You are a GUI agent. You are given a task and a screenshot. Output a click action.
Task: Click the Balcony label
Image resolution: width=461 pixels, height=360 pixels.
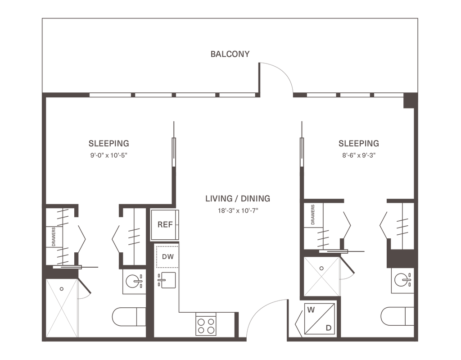click(230, 55)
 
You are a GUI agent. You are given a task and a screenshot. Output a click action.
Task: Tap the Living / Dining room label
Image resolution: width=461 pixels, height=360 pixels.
click(237, 198)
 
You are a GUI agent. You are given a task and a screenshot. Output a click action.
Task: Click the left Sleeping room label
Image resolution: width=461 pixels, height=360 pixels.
click(109, 144)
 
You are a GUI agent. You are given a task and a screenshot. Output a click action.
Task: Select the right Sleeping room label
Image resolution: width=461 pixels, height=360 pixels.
click(358, 144)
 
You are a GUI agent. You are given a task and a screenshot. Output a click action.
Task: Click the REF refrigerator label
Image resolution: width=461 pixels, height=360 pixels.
click(163, 224)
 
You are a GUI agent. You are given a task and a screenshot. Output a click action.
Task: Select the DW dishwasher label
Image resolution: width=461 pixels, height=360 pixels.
click(167, 257)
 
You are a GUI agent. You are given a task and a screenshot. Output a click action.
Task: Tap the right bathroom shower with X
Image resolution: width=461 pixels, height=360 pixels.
click(320, 276)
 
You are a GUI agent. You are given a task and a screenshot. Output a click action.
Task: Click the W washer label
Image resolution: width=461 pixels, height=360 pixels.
click(311, 310)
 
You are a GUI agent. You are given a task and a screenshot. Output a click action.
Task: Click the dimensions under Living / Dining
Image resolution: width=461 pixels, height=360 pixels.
click(237, 210)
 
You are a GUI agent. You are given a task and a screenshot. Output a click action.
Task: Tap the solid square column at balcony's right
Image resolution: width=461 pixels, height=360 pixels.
click(408, 101)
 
